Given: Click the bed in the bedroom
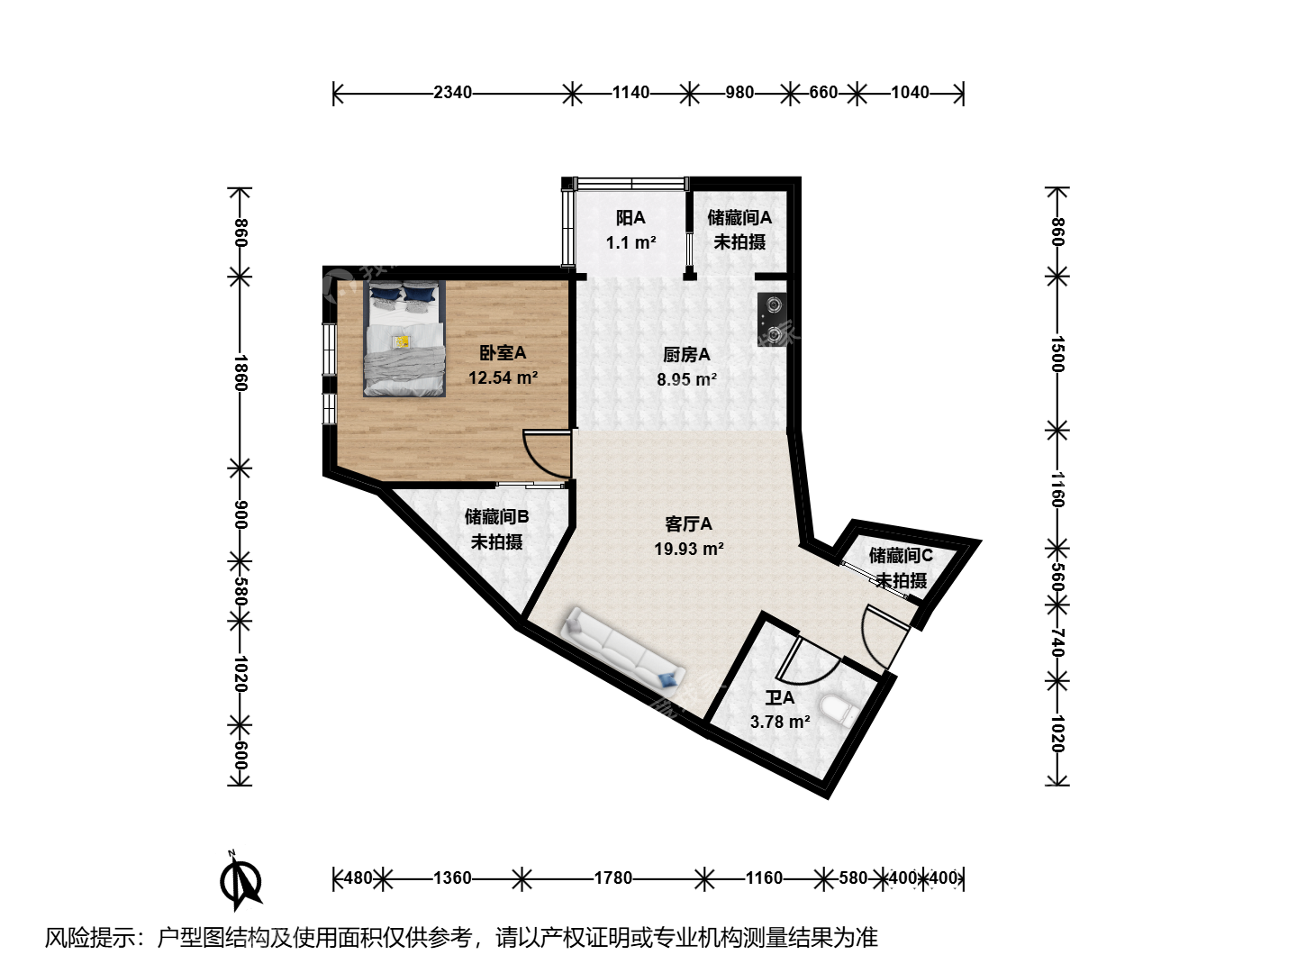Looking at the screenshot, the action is [x=404, y=339].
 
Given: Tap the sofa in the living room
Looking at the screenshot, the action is [x=625, y=649].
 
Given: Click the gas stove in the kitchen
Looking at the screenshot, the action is [x=772, y=320].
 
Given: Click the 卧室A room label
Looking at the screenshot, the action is [x=503, y=353].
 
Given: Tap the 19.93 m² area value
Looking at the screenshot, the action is [x=689, y=549].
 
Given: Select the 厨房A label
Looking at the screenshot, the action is [x=686, y=355].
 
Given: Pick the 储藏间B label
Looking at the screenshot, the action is [x=496, y=517].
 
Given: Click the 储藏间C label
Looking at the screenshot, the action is [x=901, y=555].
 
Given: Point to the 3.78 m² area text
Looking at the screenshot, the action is [x=780, y=722].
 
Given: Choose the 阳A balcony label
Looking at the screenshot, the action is [x=630, y=218].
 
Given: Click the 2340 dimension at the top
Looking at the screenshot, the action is [x=453, y=93].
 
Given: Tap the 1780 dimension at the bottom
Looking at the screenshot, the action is [x=613, y=878].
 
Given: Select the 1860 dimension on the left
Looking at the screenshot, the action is [x=240, y=373].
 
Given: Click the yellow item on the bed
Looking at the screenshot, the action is [x=403, y=342].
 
